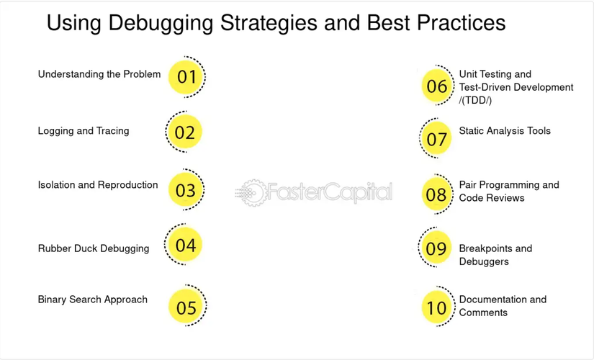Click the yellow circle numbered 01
(185, 77)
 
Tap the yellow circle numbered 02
(185, 132)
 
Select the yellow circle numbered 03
(185, 189)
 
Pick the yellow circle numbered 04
(185, 244)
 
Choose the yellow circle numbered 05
(186, 306)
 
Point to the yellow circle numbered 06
(437, 86)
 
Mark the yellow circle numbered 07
(437, 138)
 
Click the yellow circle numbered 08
(437, 194)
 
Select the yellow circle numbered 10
(437, 307)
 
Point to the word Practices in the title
(461, 22)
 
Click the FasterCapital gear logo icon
(251, 193)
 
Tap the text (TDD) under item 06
(475, 100)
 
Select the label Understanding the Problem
(99, 74)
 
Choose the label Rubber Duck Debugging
(94, 248)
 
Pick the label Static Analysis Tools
(505, 131)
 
